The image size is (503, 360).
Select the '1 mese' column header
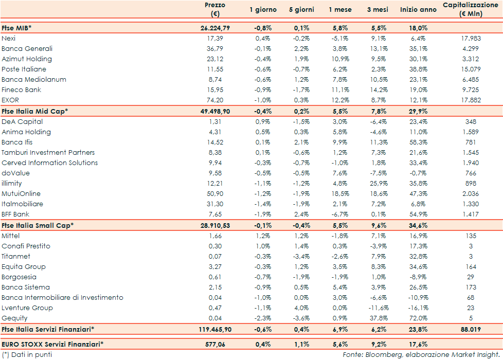[340, 10]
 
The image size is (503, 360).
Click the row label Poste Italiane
[24, 69]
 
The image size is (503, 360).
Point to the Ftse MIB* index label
[16, 28]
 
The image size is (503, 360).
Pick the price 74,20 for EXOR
[214, 100]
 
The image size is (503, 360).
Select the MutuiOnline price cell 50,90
[214, 193]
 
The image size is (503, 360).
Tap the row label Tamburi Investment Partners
[48, 152]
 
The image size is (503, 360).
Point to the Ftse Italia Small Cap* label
[38, 225]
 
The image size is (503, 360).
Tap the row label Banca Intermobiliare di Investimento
[62, 297]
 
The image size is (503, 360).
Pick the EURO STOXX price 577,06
[215, 344]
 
